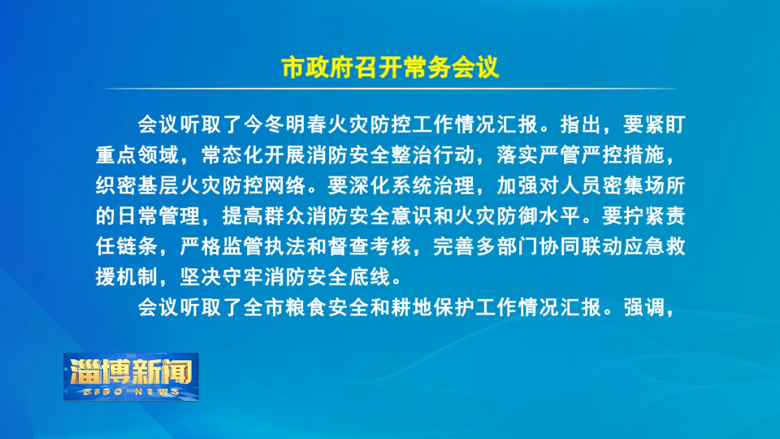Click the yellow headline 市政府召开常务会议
390,67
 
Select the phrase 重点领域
137,155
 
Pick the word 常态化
232,155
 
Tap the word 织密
116,185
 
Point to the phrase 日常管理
158,216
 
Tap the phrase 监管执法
263,247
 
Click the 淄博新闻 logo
131,376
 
